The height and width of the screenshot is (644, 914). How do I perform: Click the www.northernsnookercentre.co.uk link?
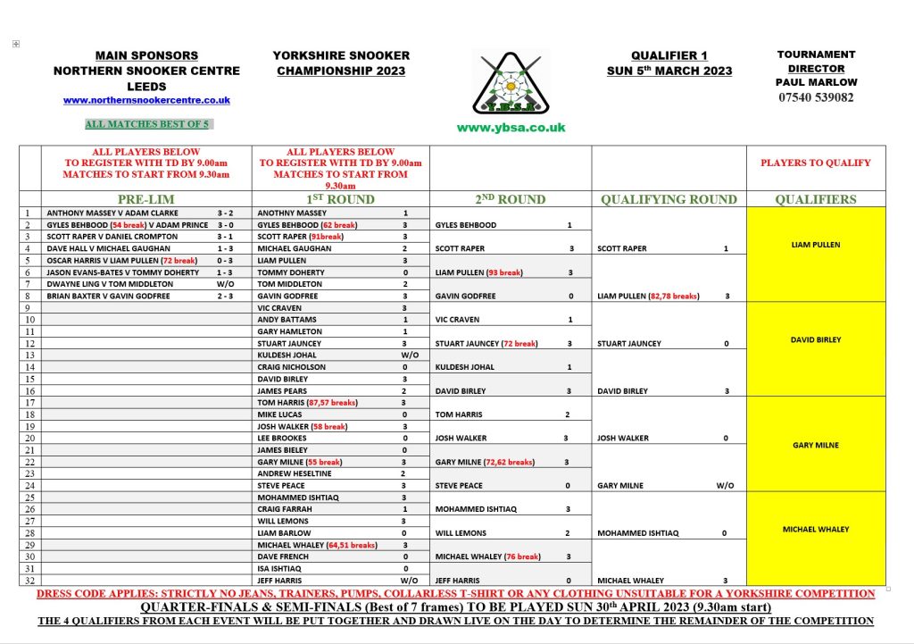coord(146,101)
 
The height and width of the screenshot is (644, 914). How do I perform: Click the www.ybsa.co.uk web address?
coord(511,128)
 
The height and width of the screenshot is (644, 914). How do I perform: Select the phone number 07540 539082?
coord(815,97)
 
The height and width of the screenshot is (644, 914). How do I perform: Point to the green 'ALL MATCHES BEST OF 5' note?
coord(146,124)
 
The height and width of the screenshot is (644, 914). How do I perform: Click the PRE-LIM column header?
coord(146,199)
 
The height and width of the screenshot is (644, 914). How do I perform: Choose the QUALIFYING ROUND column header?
coord(669,199)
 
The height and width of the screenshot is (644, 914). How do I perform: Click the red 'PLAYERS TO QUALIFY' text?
coord(815,163)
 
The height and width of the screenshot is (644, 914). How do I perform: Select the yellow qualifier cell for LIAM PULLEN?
coord(815,244)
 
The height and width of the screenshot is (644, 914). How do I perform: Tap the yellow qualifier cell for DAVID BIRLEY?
coord(815,339)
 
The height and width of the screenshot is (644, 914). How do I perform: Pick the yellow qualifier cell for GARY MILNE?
coord(815,445)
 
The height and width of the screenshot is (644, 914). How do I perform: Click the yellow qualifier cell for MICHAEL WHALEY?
coord(815,529)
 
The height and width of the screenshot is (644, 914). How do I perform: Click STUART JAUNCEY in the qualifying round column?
coord(629,343)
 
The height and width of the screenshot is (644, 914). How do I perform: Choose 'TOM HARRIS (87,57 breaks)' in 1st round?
coord(307,403)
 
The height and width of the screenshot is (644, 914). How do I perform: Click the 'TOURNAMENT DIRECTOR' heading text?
coord(816,61)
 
